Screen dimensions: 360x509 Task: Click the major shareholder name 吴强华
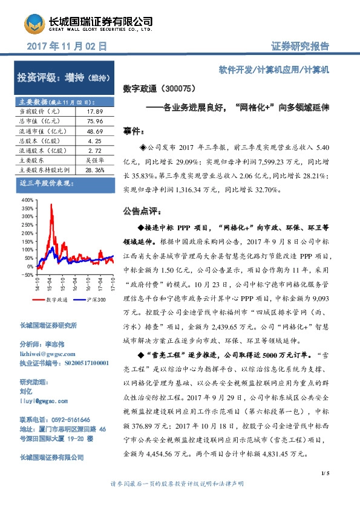pos(93,160)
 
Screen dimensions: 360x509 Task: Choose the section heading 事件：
pos(133,131)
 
